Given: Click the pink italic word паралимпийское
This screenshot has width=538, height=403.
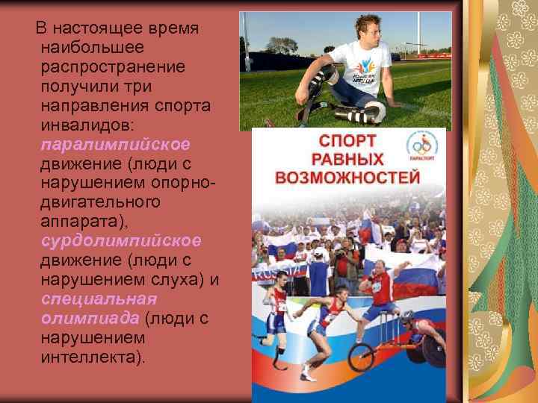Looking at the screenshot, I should (x=115, y=143).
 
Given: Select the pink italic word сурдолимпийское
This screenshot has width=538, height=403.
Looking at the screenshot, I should (x=120, y=240).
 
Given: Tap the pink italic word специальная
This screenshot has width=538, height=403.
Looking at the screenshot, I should (x=99, y=299).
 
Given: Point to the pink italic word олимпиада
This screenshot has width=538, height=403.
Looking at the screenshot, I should (x=90, y=318).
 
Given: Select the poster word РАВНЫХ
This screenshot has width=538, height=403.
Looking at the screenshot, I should (x=349, y=160).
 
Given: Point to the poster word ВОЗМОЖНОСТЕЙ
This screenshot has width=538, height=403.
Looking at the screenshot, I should (x=347, y=178).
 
